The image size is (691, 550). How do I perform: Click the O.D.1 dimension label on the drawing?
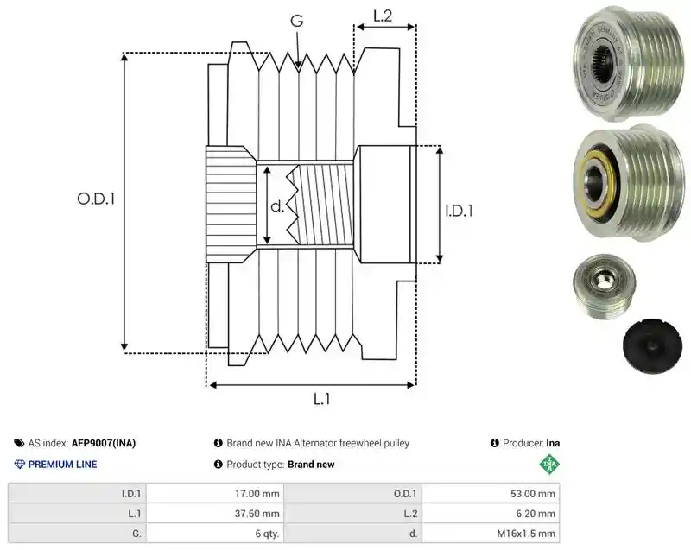tap(96, 199)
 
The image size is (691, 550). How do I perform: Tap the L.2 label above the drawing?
tap(383, 16)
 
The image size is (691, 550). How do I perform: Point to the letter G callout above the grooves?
tap(297, 21)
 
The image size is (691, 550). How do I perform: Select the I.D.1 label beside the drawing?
tap(459, 211)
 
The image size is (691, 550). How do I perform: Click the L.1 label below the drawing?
tap(321, 399)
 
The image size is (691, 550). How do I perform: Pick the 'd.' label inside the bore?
tap(276, 206)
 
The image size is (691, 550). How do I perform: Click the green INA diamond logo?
tap(549, 465)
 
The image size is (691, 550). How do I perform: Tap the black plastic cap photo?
tap(652, 345)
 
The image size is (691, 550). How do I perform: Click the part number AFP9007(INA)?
tap(104, 443)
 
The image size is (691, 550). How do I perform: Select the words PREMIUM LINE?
tap(62, 465)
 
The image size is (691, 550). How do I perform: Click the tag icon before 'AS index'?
tap(19, 443)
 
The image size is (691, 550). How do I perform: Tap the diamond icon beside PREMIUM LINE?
tap(20, 465)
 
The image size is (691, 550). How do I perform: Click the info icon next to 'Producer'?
tap(494, 443)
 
